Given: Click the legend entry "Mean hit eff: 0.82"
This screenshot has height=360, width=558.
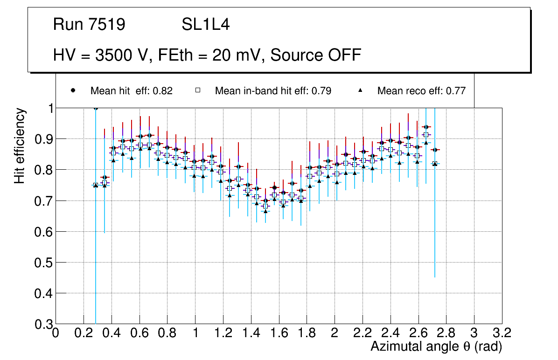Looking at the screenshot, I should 131,91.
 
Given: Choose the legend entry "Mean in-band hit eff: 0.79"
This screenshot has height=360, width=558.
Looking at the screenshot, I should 273,91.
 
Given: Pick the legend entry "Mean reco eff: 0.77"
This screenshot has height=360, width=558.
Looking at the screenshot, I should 421,91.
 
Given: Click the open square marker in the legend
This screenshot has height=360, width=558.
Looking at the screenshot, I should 197,90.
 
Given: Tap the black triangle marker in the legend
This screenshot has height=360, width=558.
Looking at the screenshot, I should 360,90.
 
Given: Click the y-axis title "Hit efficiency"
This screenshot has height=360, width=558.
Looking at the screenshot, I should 20,145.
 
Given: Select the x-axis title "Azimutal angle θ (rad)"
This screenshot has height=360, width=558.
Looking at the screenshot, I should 436,346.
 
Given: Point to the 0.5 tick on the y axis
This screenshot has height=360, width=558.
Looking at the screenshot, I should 42,263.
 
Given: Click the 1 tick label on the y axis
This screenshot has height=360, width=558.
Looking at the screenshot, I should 48,108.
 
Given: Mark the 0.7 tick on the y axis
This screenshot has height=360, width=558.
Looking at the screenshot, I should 42,201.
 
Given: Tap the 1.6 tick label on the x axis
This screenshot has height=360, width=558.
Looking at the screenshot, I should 279,333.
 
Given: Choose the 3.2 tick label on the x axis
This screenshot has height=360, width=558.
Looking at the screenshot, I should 502,333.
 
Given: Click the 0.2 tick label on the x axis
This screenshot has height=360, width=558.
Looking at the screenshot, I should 84,333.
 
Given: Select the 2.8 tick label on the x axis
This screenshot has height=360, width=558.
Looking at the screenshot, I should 446,333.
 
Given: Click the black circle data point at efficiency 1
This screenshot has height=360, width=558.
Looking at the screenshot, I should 96,108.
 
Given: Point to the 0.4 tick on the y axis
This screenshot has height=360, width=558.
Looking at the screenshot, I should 42,293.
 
